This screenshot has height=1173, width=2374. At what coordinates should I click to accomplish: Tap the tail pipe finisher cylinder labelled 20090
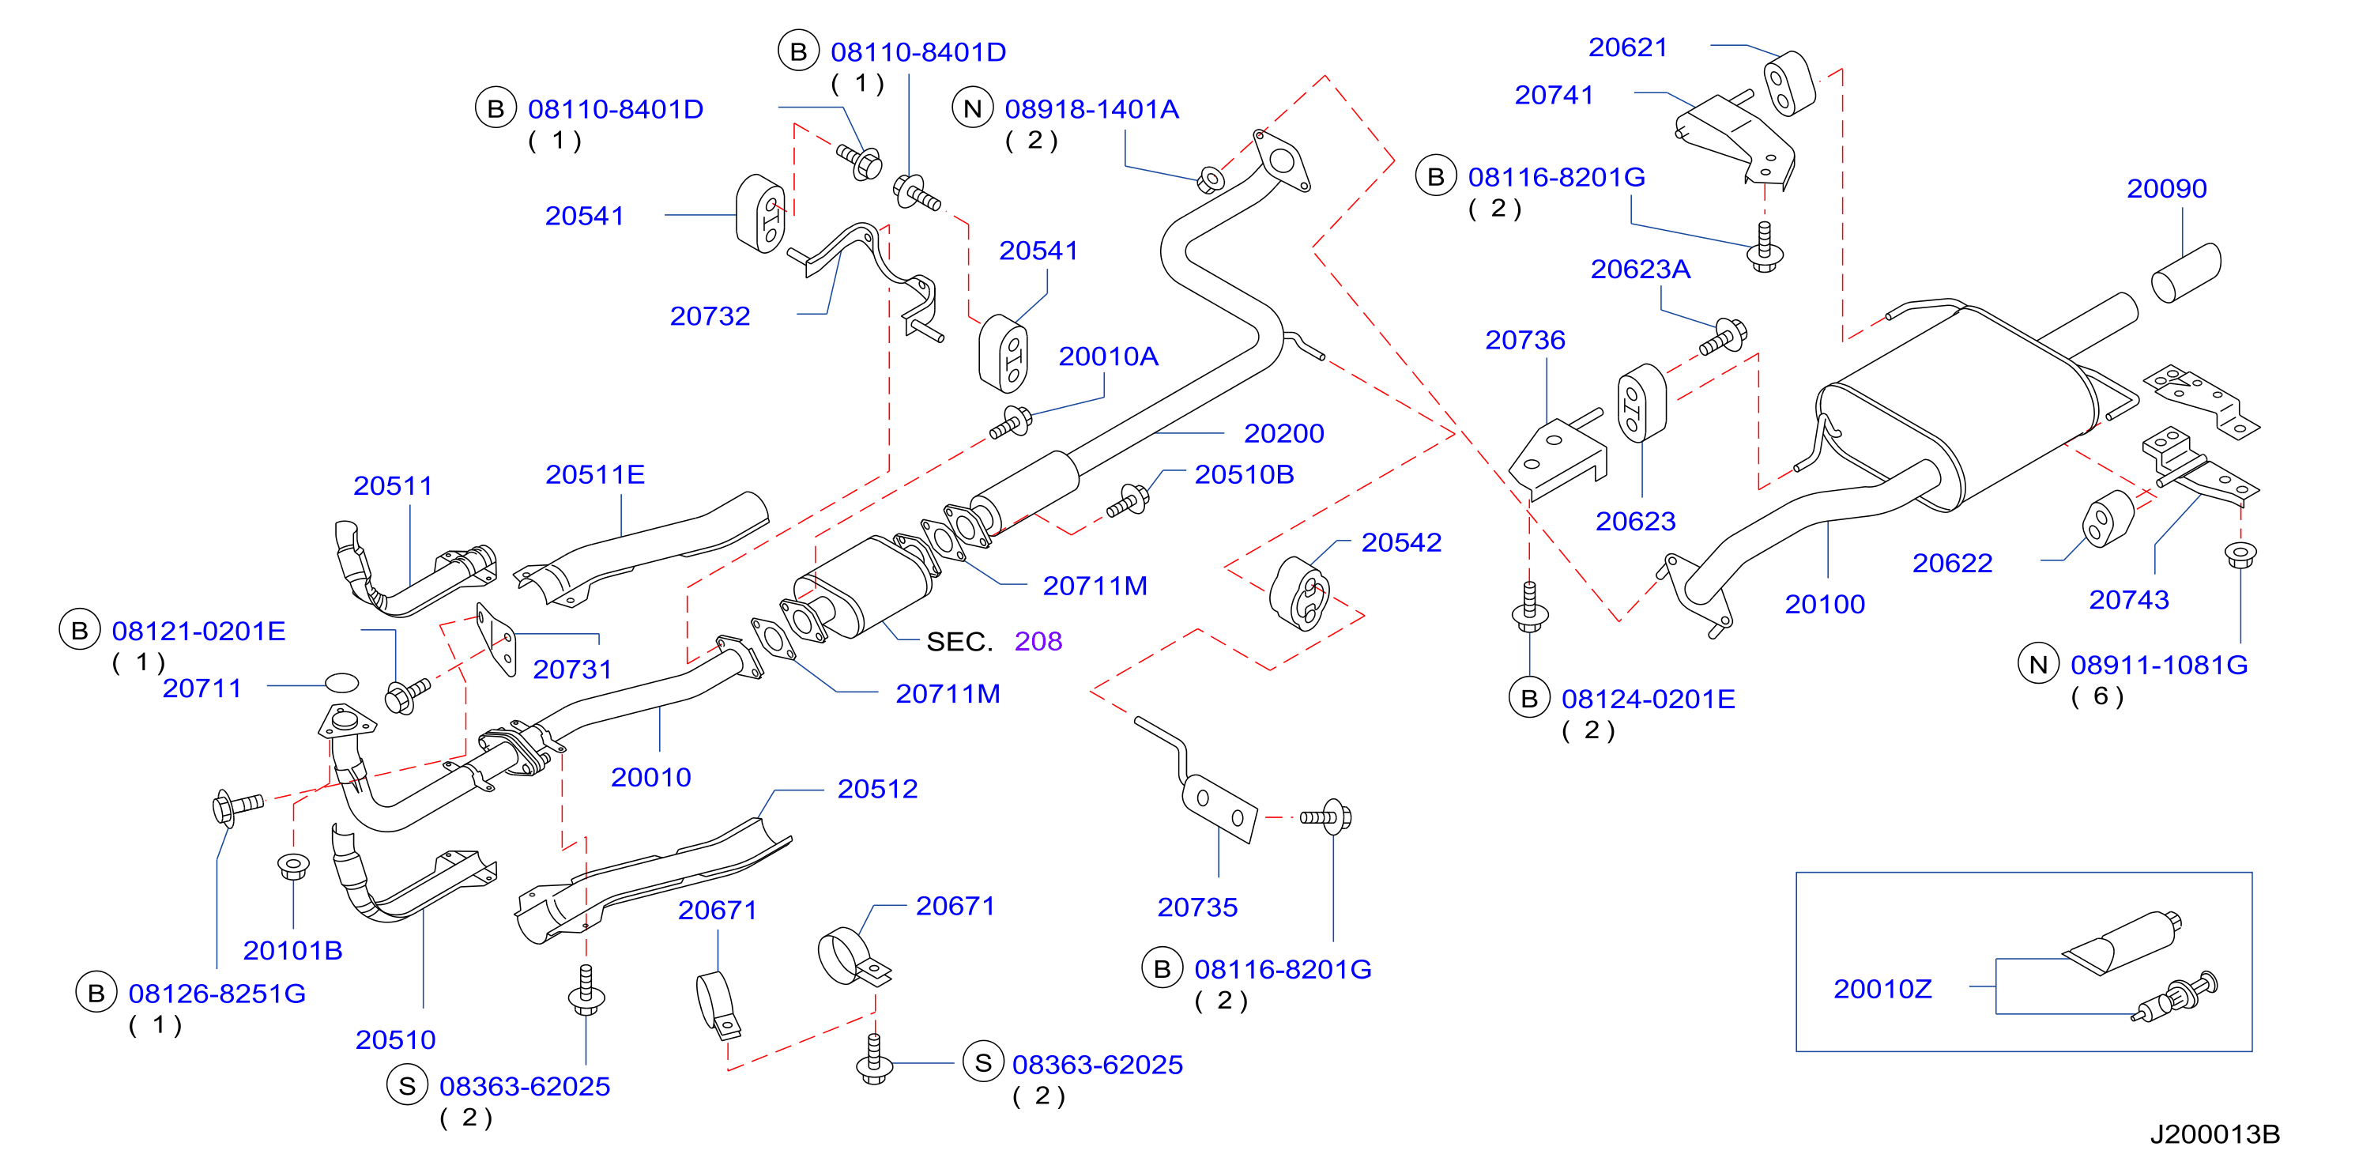pos(2186,272)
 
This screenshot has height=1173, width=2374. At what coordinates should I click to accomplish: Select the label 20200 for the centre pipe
pos(1283,433)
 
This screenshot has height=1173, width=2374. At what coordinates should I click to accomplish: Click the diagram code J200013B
pos(2214,1134)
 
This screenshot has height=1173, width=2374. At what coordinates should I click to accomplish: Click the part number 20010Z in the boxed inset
pos(1882,989)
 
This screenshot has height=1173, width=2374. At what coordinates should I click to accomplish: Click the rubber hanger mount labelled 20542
pos(1299,594)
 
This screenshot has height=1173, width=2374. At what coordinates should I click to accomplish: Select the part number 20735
pos(1197,907)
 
